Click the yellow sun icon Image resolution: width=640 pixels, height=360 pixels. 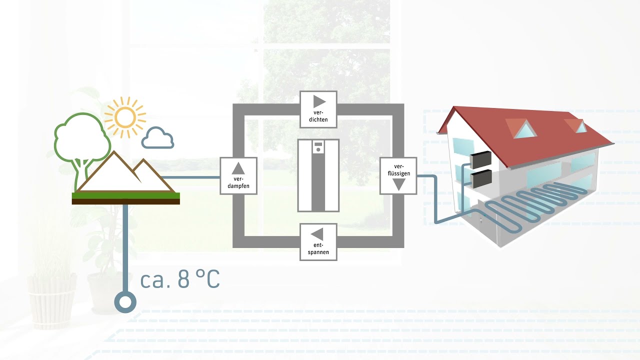[x=125, y=117]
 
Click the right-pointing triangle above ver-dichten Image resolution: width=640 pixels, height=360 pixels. [x=319, y=101]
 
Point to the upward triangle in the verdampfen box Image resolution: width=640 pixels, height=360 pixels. [x=238, y=168]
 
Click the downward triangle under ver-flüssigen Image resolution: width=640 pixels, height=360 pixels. [x=398, y=184]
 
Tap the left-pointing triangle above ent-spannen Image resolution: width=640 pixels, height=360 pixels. [x=317, y=234]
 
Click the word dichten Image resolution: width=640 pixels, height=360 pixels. [x=318, y=119]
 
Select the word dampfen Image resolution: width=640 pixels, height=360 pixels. [x=238, y=186]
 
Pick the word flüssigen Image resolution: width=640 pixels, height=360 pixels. [x=399, y=173]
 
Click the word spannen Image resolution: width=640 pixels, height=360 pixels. [x=318, y=252]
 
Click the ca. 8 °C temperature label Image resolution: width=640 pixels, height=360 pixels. [x=180, y=278]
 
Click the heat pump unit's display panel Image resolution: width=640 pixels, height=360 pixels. [x=318, y=147]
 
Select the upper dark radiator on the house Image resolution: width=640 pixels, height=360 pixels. [x=480, y=159]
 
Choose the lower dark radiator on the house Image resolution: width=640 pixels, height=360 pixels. [x=481, y=179]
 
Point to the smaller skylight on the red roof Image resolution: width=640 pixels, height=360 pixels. [x=581, y=127]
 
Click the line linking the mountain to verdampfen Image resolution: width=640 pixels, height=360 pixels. [x=191, y=177]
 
